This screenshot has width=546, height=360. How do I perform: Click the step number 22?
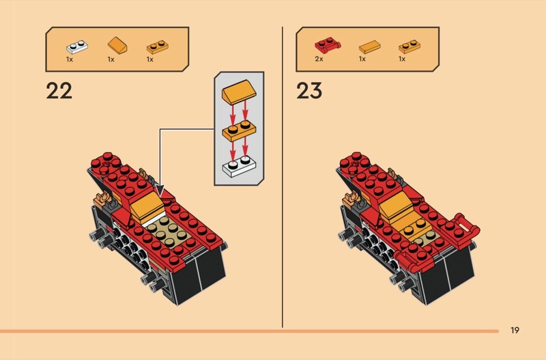(x=59, y=91)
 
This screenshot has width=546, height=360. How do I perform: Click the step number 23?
(x=309, y=91)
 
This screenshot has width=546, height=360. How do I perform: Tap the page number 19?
(x=515, y=330)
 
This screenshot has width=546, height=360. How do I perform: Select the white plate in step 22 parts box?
(x=77, y=46)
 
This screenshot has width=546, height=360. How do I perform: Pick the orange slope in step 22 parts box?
(x=117, y=45)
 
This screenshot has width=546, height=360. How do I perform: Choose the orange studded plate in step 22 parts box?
(x=158, y=46)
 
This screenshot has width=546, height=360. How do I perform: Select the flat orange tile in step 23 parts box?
(x=369, y=46)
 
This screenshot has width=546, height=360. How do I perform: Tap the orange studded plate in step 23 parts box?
(x=409, y=46)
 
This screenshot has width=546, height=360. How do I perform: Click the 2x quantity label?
(x=319, y=59)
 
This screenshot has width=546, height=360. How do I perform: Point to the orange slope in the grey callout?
(x=239, y=92)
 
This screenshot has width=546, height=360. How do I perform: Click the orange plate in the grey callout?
(x=239, y=130)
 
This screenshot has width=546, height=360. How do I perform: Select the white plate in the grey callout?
(x=240, y=166)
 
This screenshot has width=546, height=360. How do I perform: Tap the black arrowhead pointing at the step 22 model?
(x=160, y=191)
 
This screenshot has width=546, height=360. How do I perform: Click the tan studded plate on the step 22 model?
(x=169, y=230)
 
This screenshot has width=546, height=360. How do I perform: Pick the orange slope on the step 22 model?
(x=147, y=207)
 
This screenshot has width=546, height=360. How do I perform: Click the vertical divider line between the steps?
(x=283, y=177)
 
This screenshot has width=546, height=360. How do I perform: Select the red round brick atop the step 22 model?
(x=106, y=163)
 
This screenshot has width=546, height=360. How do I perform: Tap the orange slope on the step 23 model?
(x=396, y=207)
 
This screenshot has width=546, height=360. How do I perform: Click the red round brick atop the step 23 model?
(x=354, y=163)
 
